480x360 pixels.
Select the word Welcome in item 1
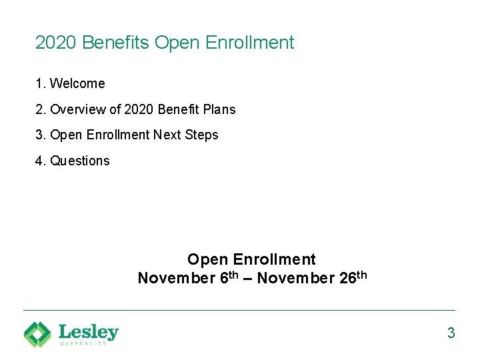pyautogui.click(x=77, y=84)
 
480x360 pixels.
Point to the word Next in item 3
pyautogui.click(x=167, y=135)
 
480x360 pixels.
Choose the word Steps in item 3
pyautogui.click(x=201, y=135)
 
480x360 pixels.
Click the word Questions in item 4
pyautogui.click(x=79, y=161)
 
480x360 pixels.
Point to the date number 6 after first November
pyautogui.click(x=223, y=278)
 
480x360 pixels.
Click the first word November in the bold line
pyautogui.click(x=176, y=278)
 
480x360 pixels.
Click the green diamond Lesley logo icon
pyautogui.click(x=37, y=334)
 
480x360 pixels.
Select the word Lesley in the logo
pyautogui.click(x=89, y=331)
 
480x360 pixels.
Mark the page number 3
pyautogui.click(x=451, y=333)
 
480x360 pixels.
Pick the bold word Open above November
pyautogui.click(x=207, y=259)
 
